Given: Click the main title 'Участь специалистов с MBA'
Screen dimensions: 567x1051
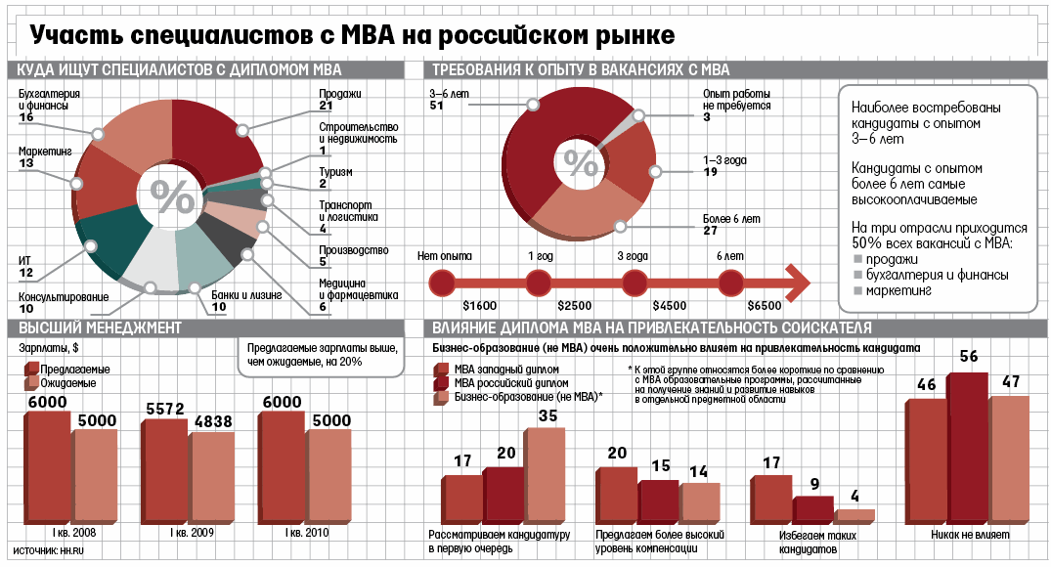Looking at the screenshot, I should click(352, 36).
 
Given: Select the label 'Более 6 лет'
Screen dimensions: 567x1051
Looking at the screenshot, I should click(731, 219).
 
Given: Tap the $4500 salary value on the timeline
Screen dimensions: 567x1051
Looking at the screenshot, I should click(669, 305).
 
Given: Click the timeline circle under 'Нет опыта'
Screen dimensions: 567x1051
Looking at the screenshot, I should click(443, 283).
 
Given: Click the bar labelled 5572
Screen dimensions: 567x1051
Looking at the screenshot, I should click(163, 472).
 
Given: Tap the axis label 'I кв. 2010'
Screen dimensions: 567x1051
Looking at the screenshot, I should click(306, 533).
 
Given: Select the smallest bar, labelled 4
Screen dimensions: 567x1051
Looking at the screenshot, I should click(856, 515).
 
